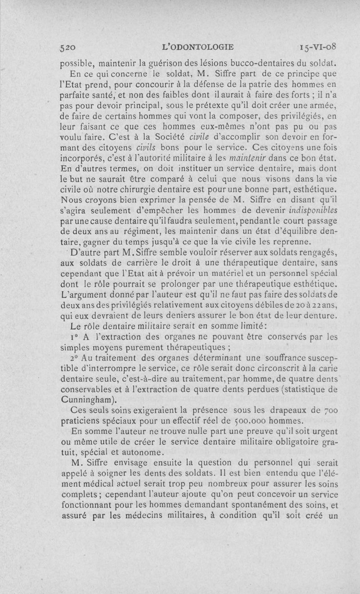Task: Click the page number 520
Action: [70, 47]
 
